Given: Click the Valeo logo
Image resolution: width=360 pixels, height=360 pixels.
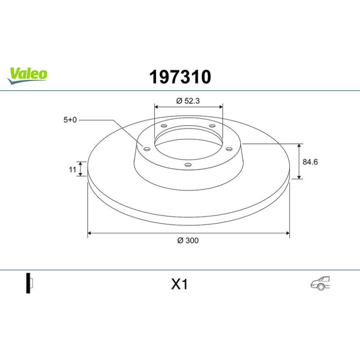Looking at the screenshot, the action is click(27, 76).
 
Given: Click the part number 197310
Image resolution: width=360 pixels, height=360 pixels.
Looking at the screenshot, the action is click(180, 77).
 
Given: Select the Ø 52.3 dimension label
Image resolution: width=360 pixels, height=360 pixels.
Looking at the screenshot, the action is click(188, 101).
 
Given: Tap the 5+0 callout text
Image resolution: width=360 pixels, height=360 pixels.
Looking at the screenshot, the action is click(70, 120).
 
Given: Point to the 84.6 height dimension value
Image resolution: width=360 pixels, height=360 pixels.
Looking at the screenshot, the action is click(310, 162).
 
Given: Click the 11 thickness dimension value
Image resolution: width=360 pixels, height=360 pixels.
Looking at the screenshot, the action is click(72, 170).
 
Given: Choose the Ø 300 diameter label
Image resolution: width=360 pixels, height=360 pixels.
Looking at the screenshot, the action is click(188, 240).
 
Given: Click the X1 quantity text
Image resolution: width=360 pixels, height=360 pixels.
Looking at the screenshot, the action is click(180, 284).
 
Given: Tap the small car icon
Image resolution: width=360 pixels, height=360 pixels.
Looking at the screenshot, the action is click(320, 283).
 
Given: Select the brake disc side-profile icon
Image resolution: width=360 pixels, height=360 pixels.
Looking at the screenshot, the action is click(29, 283).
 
